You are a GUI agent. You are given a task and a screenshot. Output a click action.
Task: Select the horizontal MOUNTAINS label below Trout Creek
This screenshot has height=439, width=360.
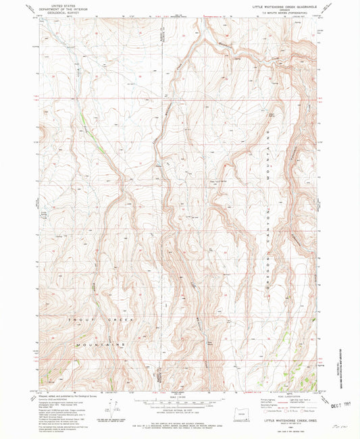point(101,344)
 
